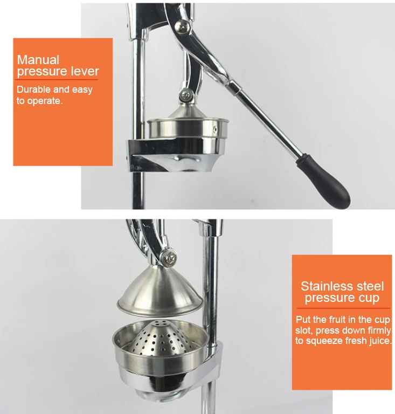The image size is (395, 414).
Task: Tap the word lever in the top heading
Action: click(x=86, y=72)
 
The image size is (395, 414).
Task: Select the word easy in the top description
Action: click(x=81, y=89)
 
